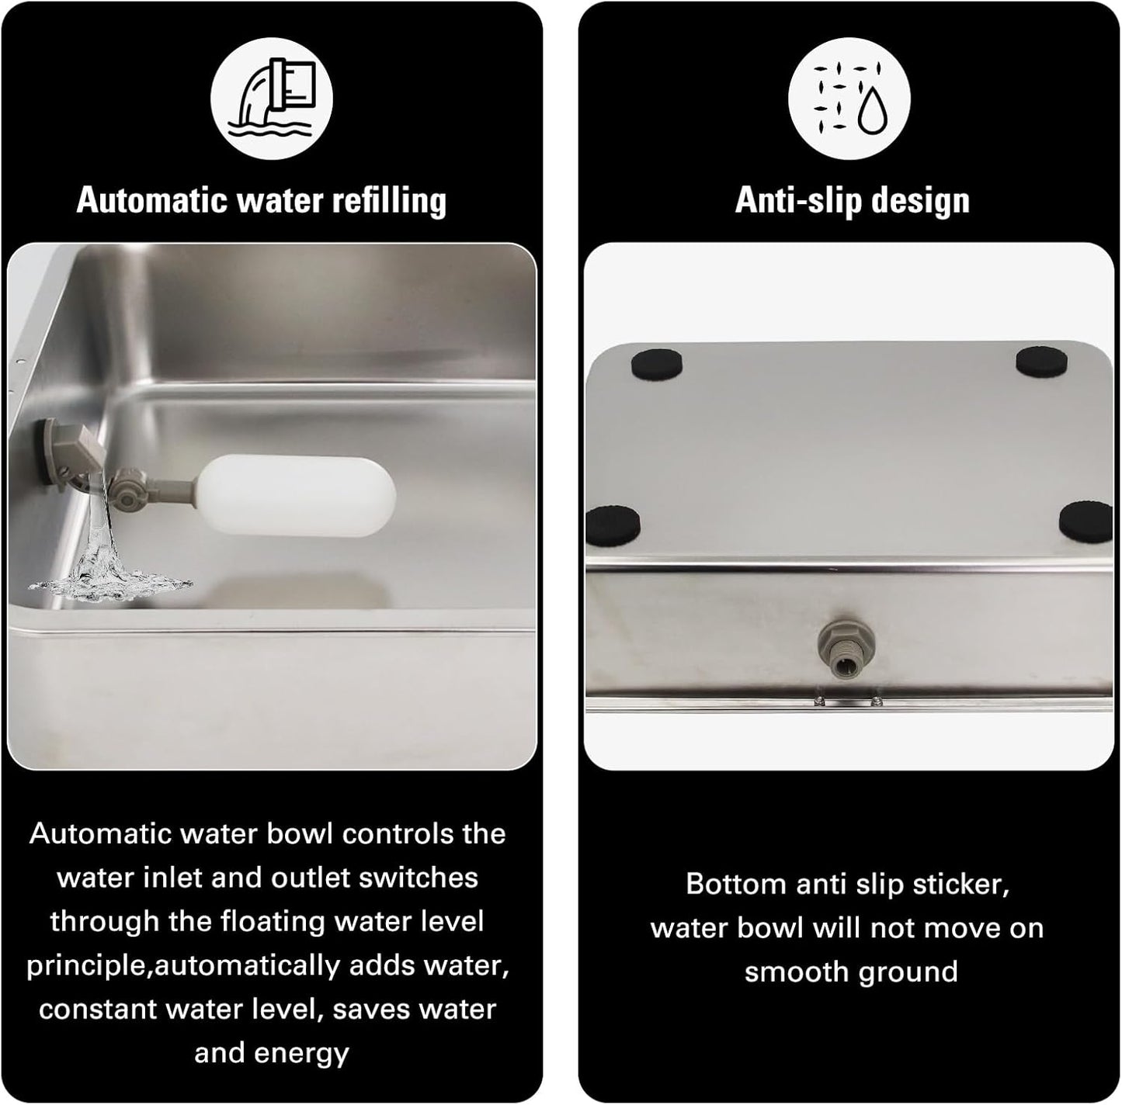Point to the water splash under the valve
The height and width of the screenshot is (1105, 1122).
point(109,565)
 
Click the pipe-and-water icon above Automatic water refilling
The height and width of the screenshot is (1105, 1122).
point(272,99)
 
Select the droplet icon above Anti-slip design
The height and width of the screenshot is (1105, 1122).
point(849,99)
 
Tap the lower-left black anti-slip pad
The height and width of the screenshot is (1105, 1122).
point(613,526)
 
